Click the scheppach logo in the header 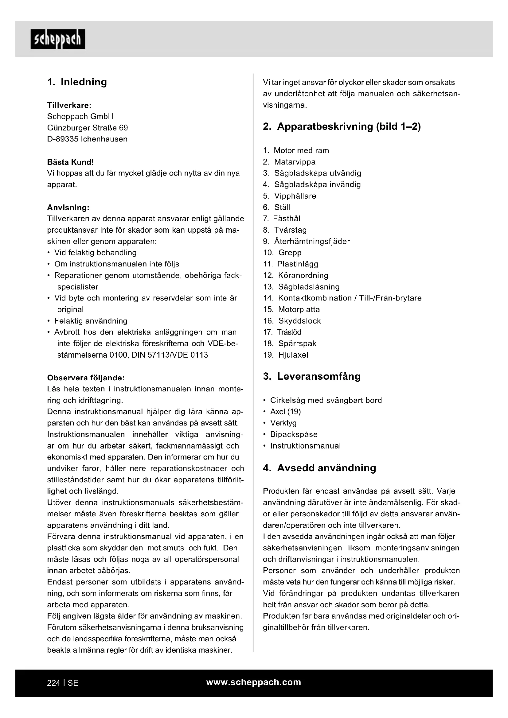click(58, 39)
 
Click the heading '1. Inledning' click(77, 82)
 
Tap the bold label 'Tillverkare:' click(69, 105)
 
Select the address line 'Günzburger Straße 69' click(87, 128)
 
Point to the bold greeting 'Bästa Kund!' click(70, 162)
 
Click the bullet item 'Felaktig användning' click(91, 321)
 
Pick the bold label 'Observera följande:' click(86, 378)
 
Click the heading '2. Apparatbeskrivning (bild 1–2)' click(342, 126)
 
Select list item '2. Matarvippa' click(289, 162)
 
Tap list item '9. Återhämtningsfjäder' click(307, 241)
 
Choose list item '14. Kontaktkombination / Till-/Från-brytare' click(342, 298)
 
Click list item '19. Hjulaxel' click(286, 355)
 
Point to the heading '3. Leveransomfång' click(312, 376)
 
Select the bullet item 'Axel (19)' click(285, 412)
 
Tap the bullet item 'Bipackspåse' click(294, 434)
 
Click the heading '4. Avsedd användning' click(319, 468)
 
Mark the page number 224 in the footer click(53, 683)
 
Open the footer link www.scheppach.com click(254, 682)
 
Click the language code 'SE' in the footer click(73, 683)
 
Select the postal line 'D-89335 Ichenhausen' click(87, 139)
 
